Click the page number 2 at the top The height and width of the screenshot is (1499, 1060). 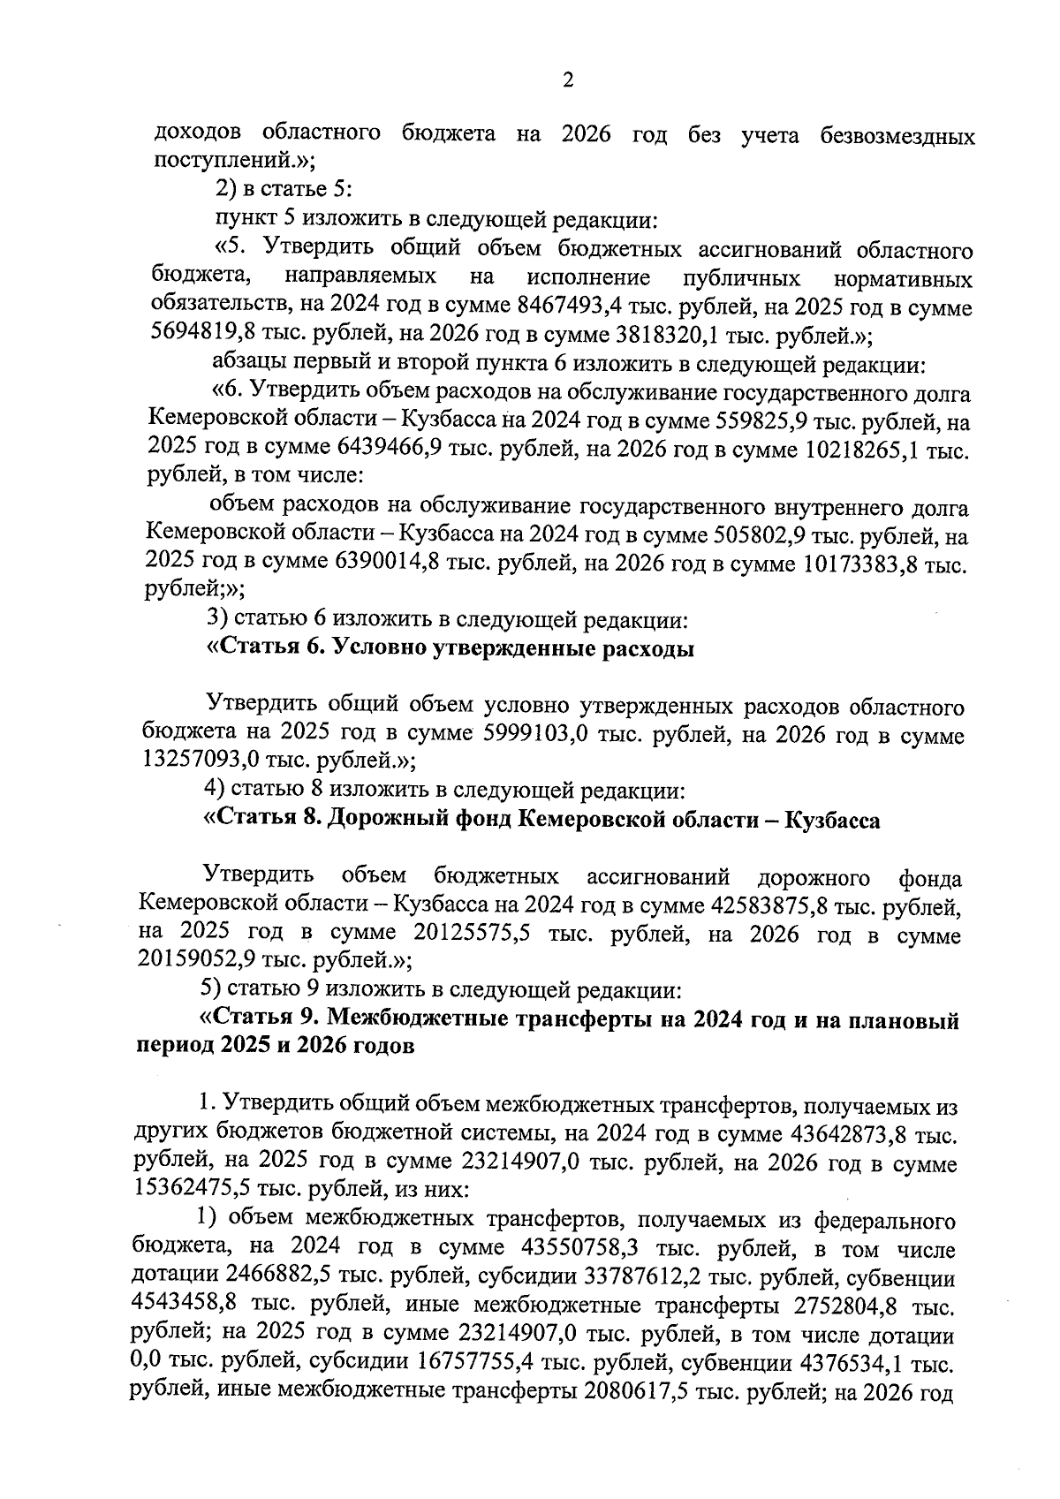pyautogui.click(x=568, y=80)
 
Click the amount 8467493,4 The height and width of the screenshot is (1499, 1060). pyautogui.click(x=572, y=308)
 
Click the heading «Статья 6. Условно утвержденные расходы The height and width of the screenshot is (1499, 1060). pyautogui.click(x=450, y=650)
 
